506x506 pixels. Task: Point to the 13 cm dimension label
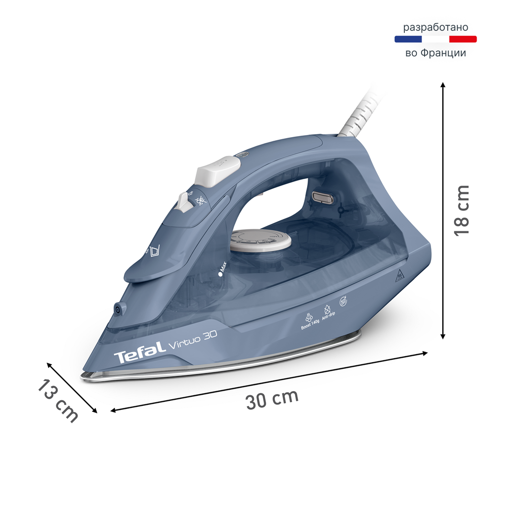click(x=58, y=401)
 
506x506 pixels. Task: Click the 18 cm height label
click(x=461, y=210)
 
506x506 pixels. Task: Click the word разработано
click(x=435, y=27)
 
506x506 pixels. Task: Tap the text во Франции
click(x=435, y=53)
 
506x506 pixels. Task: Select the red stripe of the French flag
click(x=463, y=39)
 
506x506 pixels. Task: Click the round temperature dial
click(x=261, y=241)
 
